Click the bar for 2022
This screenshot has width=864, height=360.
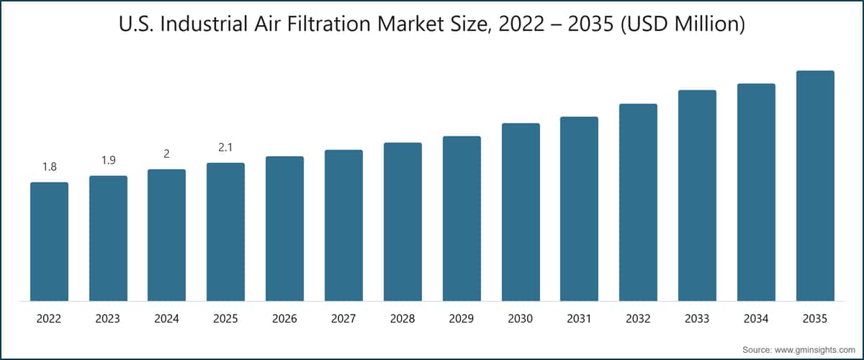pos(49,242)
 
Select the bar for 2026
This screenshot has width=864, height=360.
pos(284,229)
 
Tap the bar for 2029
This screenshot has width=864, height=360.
pos(462,219)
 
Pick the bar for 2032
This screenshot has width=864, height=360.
pos(638,202)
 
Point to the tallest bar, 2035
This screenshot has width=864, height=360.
pos(815,186)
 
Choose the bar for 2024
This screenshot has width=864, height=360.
pos(166,235)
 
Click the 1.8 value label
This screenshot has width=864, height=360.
pos(49,167)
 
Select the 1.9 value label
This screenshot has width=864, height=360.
pos(108,161)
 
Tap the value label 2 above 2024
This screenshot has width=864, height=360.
pos(166,154)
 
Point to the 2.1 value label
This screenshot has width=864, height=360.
pos(225,148)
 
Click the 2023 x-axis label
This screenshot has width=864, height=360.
pos(108,318)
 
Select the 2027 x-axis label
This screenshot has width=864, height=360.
pos(343,318)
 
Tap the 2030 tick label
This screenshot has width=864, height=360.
pos(521,318)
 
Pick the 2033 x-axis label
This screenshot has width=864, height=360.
pos(697,318)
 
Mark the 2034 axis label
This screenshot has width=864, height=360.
pos(756,318)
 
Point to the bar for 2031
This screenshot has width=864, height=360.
pos(579,209)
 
